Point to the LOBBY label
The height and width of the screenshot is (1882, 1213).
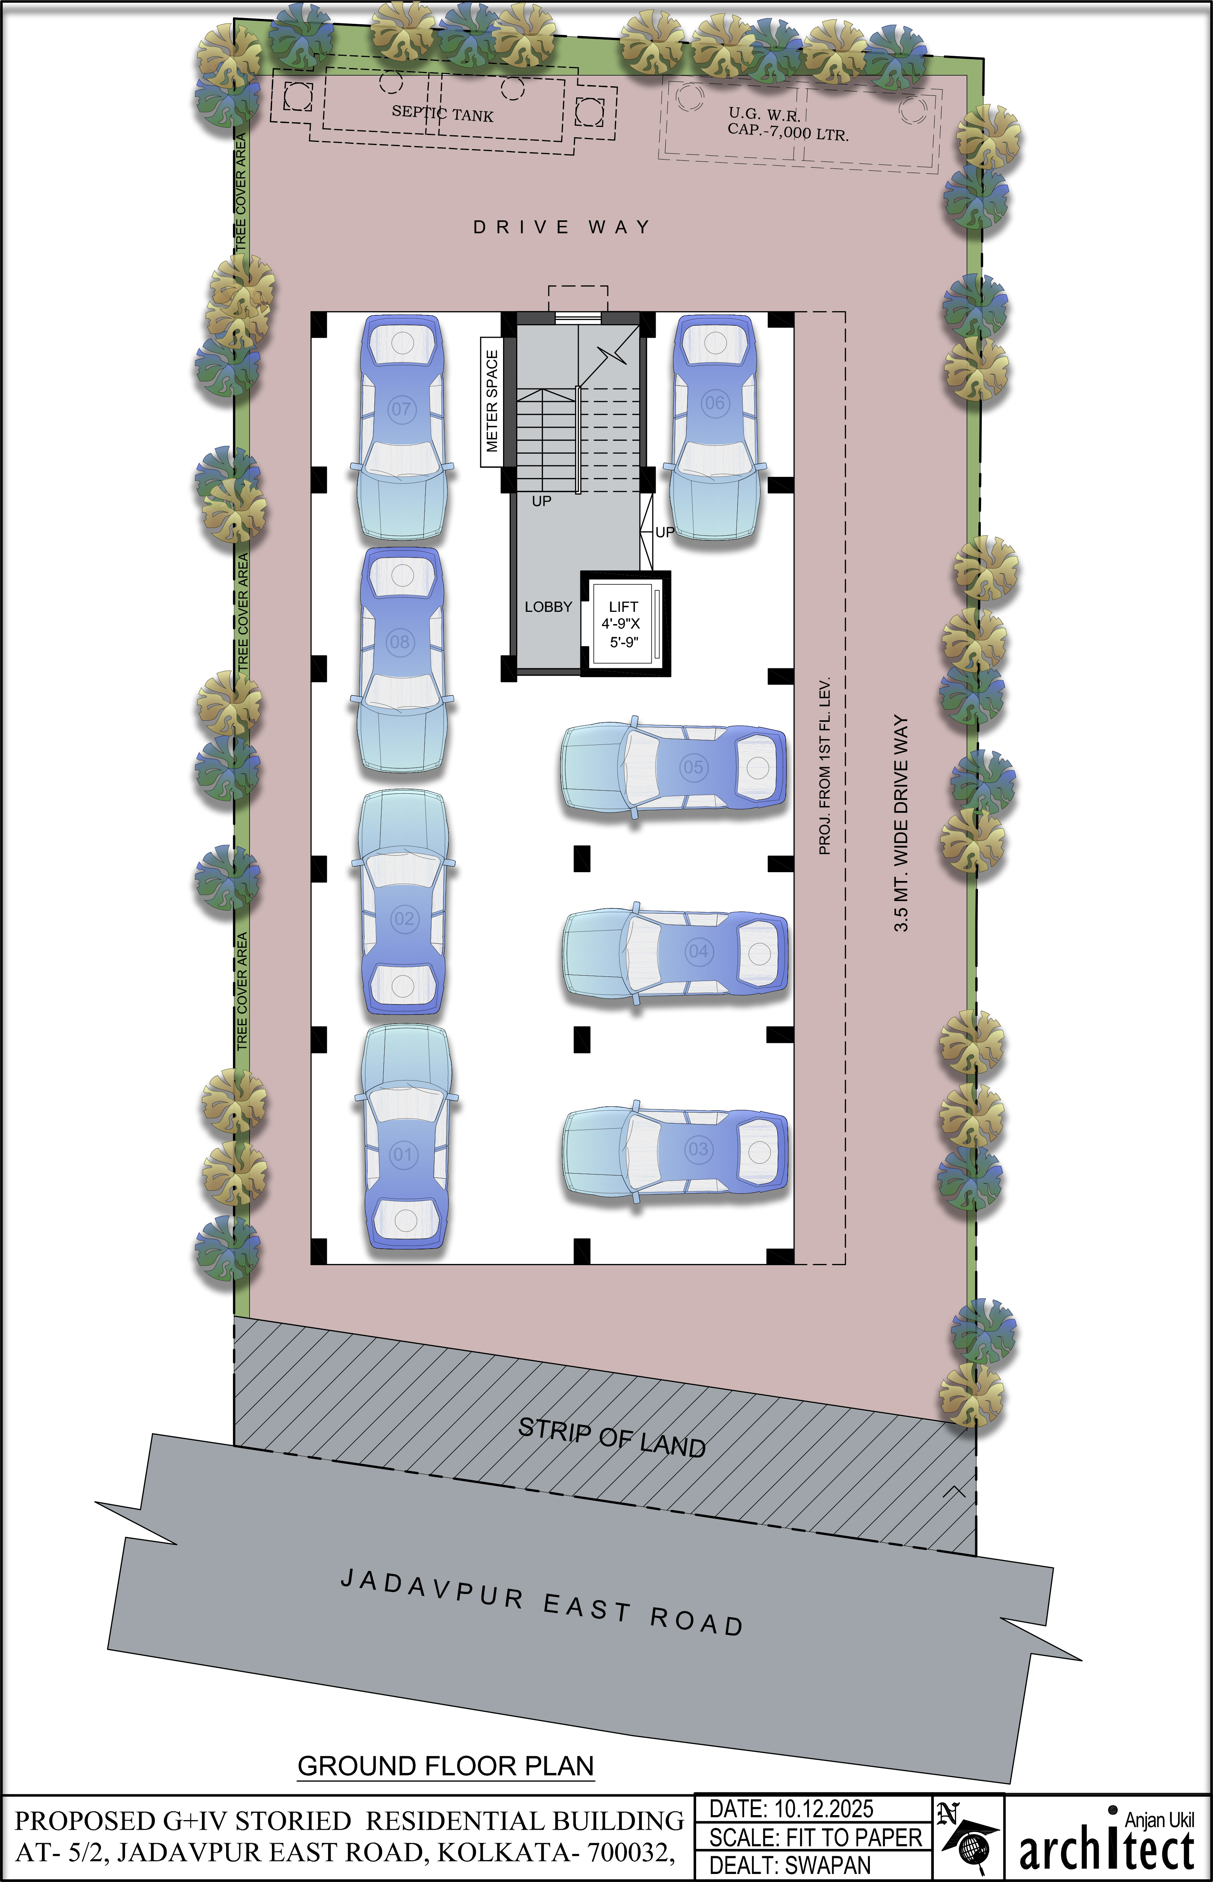point(548,607)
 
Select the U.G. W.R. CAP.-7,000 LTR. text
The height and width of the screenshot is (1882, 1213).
point(788,125)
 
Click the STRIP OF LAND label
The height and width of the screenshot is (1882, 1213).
point(612,1438)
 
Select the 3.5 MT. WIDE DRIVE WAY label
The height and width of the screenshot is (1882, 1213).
point(901,823)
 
